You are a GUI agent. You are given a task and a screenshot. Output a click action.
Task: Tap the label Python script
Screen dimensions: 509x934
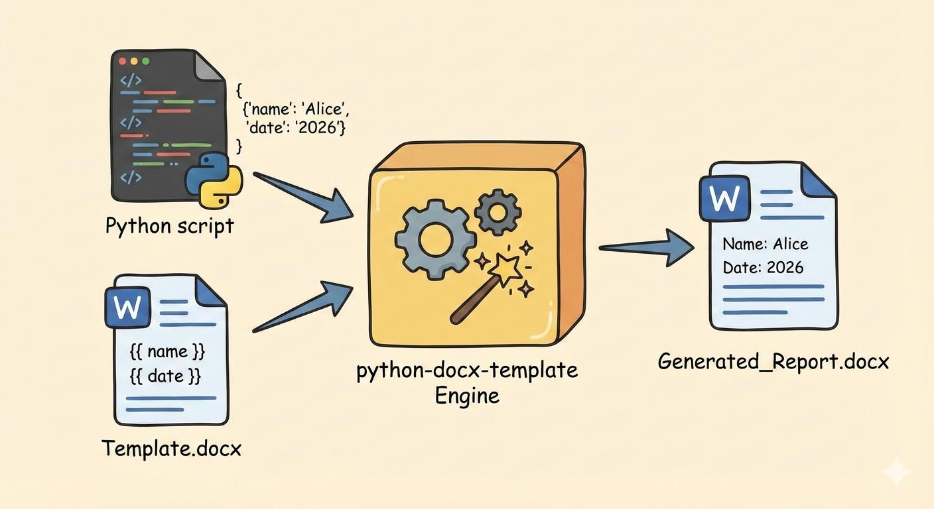[170, 226]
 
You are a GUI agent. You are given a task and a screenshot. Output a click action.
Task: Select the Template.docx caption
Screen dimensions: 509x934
[171, 449]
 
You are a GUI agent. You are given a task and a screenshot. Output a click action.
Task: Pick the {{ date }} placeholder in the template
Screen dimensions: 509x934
[165, 376]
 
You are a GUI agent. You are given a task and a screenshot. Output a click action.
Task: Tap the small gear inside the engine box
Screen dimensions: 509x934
[498, 211]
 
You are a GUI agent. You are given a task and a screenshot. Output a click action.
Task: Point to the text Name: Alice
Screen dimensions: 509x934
[765, 244]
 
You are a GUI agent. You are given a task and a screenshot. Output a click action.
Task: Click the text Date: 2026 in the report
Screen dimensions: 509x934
[762, 267]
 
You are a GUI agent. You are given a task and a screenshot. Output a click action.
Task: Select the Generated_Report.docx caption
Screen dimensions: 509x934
[773, 362]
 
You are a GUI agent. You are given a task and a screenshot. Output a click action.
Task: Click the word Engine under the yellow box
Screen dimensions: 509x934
[467, 397]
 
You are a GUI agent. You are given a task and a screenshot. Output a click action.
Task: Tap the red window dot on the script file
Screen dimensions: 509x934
[122, 62]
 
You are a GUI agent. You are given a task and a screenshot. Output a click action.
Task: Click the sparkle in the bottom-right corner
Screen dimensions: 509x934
[896, 472]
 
